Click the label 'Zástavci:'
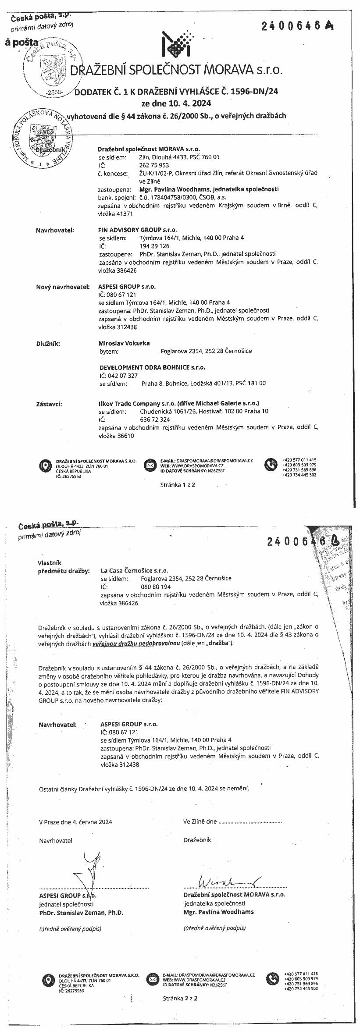pos(49,403)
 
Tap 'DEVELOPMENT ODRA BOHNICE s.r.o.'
pos(152,367)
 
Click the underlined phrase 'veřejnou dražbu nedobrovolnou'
pos(136,643)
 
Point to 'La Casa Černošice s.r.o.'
pos(134,571)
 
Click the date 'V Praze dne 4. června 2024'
pos(75,822)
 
